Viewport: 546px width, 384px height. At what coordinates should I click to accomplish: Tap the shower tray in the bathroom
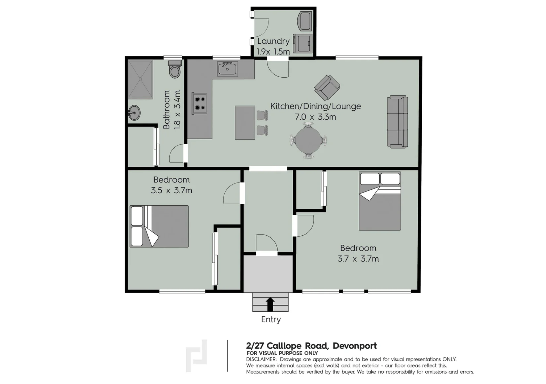141,80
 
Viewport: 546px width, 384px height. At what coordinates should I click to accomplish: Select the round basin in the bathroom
134,113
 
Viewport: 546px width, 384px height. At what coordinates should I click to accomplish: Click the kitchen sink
227,69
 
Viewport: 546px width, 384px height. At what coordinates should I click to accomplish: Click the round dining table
308,141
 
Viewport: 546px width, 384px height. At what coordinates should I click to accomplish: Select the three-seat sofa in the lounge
398,121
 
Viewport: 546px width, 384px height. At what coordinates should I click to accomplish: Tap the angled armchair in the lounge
327,88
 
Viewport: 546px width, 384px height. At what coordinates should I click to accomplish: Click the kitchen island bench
245,122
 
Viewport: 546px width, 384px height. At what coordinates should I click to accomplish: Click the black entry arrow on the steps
270,304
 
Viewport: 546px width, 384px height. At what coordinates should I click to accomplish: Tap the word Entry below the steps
271,319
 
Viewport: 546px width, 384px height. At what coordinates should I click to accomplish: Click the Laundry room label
273,41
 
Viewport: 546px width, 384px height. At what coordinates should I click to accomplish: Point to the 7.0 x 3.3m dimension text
315,117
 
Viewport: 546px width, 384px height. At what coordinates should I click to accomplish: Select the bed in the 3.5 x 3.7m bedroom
159,226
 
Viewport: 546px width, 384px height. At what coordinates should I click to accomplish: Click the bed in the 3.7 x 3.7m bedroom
380,201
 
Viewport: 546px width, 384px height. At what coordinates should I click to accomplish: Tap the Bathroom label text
166,109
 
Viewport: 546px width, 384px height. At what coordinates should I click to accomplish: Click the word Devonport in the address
355,346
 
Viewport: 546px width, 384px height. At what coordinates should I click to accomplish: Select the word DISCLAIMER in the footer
261,359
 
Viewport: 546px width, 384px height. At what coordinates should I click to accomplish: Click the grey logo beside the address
196,356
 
